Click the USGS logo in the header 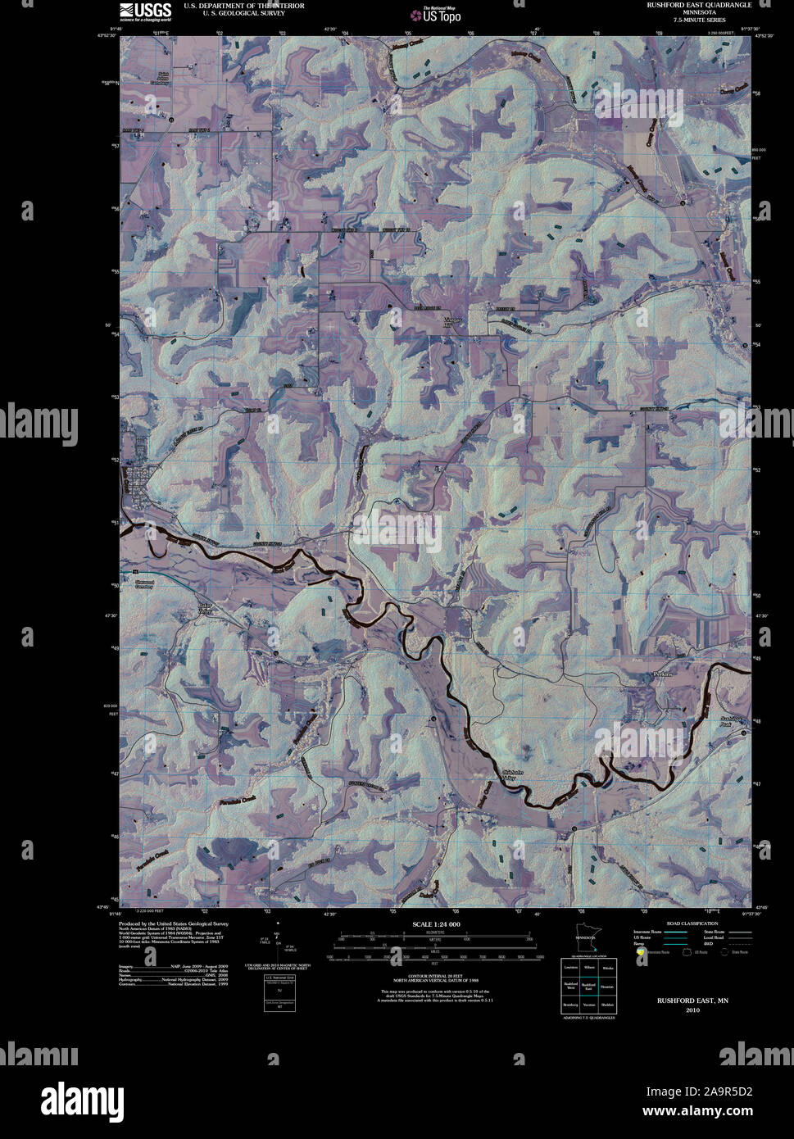click(145, 10)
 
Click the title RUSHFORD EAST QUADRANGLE click(699, 5)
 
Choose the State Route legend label click(714, 931)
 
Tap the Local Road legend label click(714, 937)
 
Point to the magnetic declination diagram click(279, 942)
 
